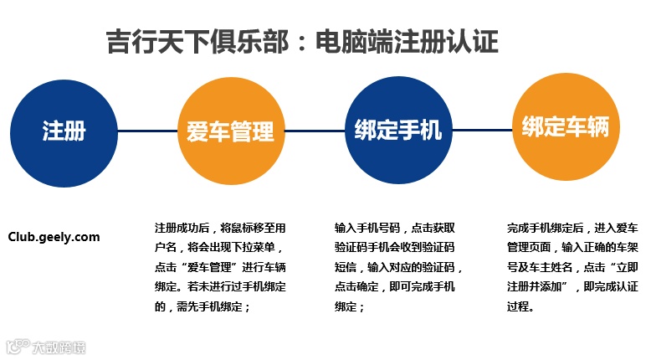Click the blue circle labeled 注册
coord(64,131)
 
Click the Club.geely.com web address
coord(54,237)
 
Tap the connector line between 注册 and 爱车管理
coord(147,131)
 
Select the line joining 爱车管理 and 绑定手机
coord(311,131)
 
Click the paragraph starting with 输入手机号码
coord(398,267)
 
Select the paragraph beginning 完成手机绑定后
coord(573,267)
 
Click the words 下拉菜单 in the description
coord(255,247)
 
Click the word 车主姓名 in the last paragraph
coord(546,267)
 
